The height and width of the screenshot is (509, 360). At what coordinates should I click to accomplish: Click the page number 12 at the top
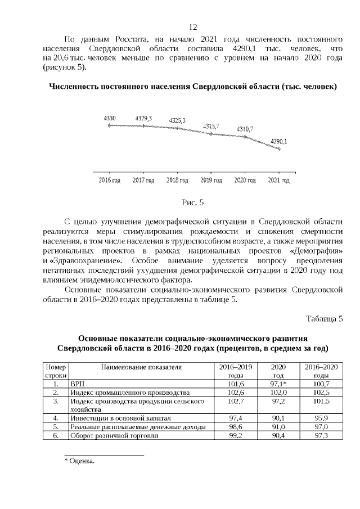click(192, 27)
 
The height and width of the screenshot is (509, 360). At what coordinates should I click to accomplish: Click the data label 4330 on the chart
click(110, 118)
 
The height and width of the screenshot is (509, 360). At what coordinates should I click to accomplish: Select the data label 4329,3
click(143, 118)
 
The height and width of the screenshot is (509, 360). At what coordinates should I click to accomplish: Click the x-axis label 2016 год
click(110, 181)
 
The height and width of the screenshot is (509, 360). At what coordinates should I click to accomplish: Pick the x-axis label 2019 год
click(211, 181)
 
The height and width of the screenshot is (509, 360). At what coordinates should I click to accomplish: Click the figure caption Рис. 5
click(192, 203)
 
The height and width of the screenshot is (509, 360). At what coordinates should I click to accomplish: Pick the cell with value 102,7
click(231, 402)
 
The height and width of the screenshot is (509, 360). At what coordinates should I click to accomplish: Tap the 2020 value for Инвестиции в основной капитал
click(278, 418)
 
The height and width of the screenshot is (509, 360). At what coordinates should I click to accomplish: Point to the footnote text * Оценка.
click(79, 461)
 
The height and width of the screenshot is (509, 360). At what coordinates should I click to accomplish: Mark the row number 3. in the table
click(56, 402)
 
